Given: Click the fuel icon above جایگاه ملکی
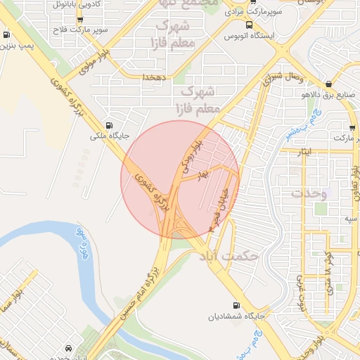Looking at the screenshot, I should pos(108,120).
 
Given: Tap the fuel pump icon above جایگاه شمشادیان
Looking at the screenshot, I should pos(235,305).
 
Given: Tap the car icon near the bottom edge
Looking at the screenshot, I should pos(67,348).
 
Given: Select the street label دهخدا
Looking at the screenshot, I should pos(153,77).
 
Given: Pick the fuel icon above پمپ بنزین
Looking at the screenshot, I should pos(6,34).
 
